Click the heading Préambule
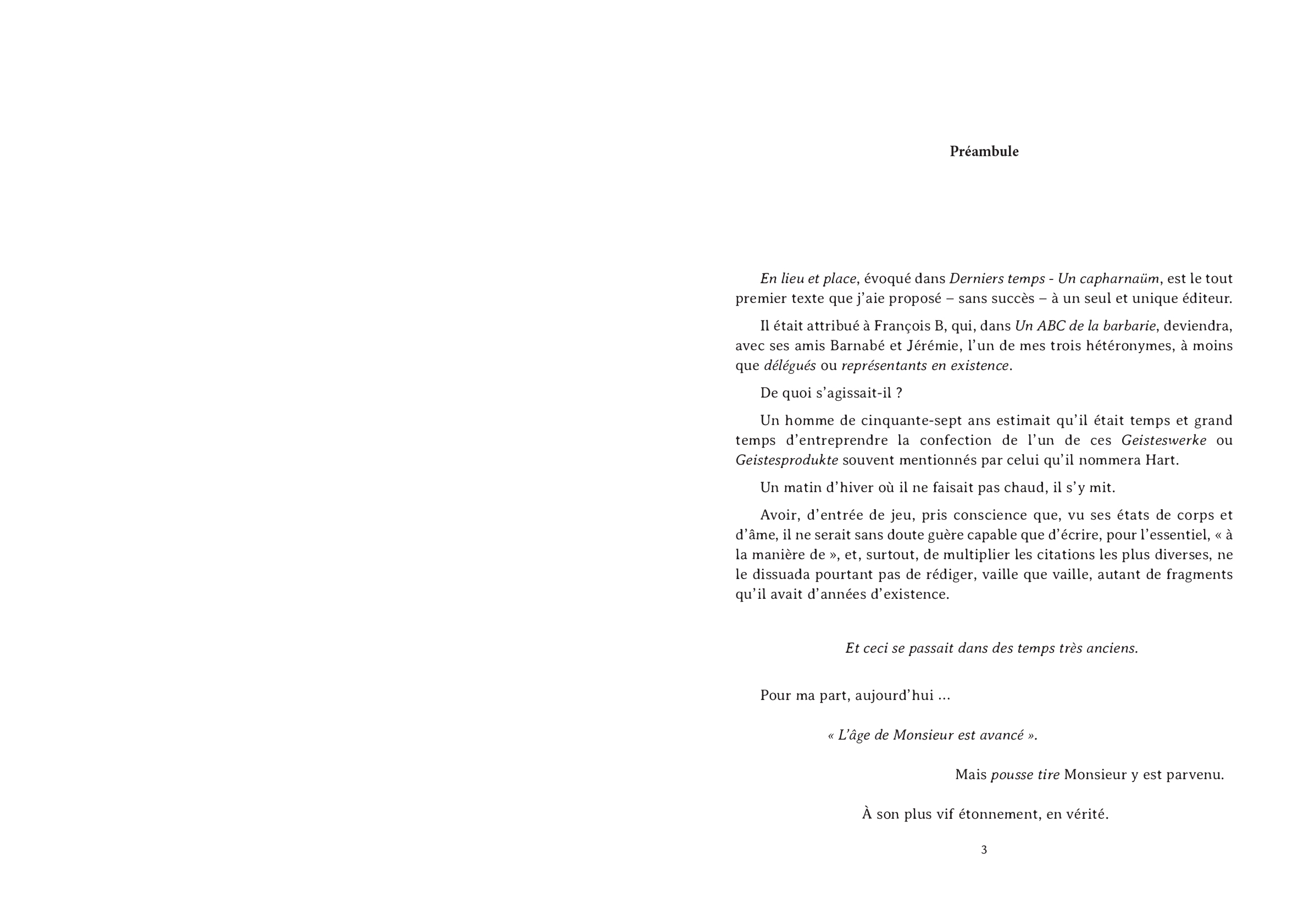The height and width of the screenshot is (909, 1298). coord(984,152)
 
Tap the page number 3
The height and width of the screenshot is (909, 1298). coord(984,850)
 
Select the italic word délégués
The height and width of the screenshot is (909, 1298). coord(790,366)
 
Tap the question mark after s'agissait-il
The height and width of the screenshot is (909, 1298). coord(900,393)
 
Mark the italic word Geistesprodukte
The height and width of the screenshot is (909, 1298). coord(786,460)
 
